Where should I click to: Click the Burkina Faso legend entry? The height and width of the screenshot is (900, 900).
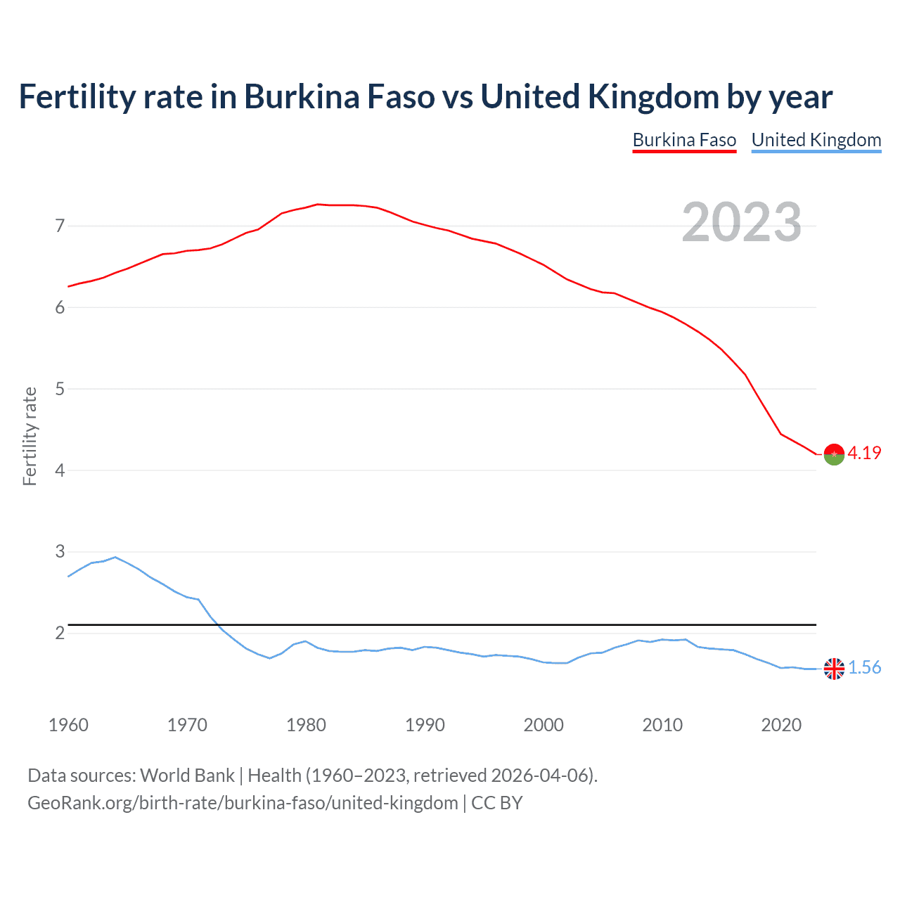(x=684, y=140)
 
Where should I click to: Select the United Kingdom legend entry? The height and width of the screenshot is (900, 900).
(x=816, y=140)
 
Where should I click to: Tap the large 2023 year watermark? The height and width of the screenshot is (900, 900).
(x=741, y=222)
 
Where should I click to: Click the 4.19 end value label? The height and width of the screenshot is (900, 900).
(x=864, y=453)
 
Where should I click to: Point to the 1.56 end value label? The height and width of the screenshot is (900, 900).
(x=864, y=667)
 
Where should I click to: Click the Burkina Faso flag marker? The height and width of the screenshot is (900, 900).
(x=834, y=455)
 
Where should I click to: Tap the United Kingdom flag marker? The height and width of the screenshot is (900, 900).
(x=834, y=669)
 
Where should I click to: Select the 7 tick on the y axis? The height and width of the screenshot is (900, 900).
(x=60, y=226)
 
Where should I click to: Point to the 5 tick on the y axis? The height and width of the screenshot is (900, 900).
(x=60, y=389)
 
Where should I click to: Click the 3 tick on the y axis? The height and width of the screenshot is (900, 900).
(x=60, y=552)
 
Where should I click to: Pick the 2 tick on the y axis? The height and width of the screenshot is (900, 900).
(x=60, y=633)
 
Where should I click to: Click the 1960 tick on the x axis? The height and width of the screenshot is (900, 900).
(x=68, y=725)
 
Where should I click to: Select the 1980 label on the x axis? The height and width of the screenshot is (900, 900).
(x=306, y=725)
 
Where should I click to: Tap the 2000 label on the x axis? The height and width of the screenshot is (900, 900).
(x=544, y=725)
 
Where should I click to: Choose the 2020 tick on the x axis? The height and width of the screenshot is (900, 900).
(x=781, y=725)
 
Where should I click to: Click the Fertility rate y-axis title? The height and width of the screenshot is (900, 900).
(x=30, y=436)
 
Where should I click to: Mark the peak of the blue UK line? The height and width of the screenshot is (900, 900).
(x=115, y=557)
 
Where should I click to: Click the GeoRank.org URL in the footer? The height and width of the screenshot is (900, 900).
(x=243, y=803)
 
